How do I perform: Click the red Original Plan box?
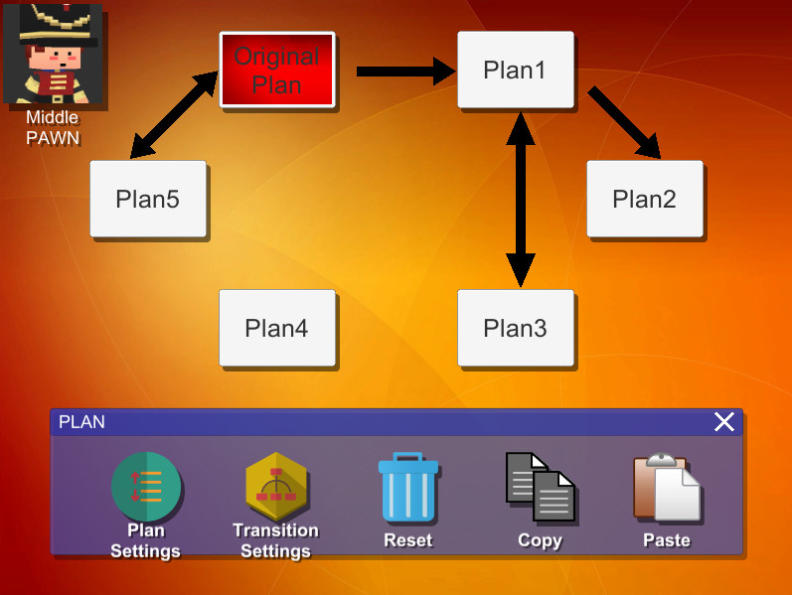[x=277, y=70]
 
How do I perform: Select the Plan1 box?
[x=515, y=70]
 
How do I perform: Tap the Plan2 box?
[x=644, y=199]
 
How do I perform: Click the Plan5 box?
[x=147, y=199]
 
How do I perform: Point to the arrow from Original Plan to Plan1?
[x=402, y=71]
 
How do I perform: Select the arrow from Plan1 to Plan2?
[x=624, y=123]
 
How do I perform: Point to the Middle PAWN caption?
[x=52, y=127]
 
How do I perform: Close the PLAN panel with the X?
[x=724, y=422]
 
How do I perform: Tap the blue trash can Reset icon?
[x=408, y=488]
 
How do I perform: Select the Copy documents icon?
[x=540, y=487]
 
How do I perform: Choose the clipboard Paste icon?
[x=666, y=488]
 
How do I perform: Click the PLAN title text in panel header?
[x=81, y=422]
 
